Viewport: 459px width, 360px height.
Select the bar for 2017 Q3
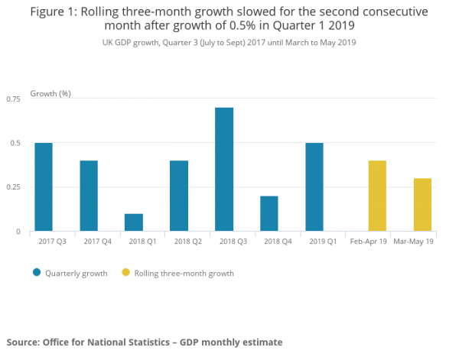pyautogui.click(x=44, y=186)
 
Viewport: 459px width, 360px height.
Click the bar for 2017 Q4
pyautogui.click(x=89, y=196)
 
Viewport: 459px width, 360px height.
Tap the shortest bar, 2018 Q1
pyautogui.click(x=134, y=222)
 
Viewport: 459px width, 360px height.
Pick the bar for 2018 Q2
pyautogui.click(x=179, y=196)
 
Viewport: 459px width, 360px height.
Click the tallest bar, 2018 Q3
pyautogui.click(x=224, y=169)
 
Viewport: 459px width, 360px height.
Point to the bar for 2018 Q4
pyautogui.click(x=269, y=213)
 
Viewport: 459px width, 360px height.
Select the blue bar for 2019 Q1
pyautogui.click(x=314, y=186)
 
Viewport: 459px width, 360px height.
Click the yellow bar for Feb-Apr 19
pyautogui.click(x=377, y=196)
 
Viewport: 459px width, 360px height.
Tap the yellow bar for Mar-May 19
pyautogui.click(x=422, y=204)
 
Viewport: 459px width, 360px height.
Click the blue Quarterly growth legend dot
pyautogui.click(x=36, y=273)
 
